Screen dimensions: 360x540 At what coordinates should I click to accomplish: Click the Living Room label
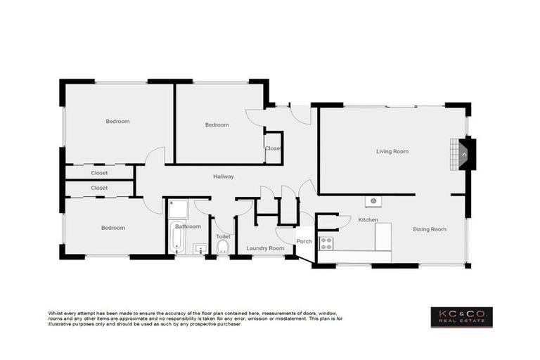click(x=392, y=151)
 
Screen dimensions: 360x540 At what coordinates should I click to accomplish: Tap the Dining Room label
click(x=429, y=229)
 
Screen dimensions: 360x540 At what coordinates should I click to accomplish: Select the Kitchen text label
click(x=368, y=220)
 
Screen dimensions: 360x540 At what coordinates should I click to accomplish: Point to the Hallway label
click(x=224, y=176)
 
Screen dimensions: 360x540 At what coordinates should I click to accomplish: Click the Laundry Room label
click(x=265, y=248)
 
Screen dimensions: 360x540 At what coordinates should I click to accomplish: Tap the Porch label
click(x=304, y=241)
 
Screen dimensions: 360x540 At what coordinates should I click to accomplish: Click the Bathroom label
click(x=188, y=226)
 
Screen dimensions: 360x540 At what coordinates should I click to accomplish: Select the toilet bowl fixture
click(x=222, y=248)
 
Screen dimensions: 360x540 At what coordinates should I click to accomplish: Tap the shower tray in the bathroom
click(x=178, y=209)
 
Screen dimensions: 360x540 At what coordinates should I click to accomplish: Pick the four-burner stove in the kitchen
click(x=327, y=243)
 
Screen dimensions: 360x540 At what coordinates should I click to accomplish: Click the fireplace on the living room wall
click(x=465, y=154)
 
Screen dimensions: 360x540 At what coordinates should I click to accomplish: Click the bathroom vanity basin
click(x=199, y=248)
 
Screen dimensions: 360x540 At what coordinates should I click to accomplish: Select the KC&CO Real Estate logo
click(x=461, y=316)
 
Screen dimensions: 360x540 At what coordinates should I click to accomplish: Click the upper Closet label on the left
click(x=99, y=172)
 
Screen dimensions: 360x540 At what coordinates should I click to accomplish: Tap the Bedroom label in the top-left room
click(x=117, y=121)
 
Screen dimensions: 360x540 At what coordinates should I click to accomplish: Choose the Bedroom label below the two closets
click(x=112, y=228)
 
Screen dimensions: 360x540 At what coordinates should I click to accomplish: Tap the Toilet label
click(x=223, y=237)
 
